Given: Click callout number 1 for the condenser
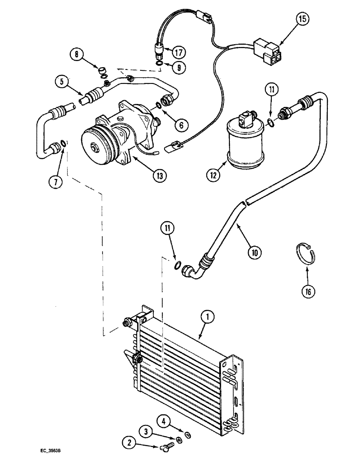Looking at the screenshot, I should pos(208,318).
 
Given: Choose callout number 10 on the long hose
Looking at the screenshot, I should pos(254,252).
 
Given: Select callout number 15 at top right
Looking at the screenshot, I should pos(303,20).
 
